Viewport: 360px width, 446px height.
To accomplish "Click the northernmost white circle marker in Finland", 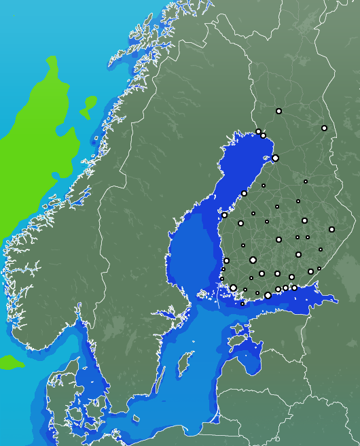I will [278, 111].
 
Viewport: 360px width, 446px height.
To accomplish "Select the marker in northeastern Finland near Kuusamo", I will [324, 128].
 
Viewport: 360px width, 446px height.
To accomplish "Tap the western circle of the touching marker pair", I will [258, 132].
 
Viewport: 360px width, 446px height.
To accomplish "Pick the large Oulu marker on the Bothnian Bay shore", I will [275, 158].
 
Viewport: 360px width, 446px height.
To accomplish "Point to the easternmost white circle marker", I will [331, 229].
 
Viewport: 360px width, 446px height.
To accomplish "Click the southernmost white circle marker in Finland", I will [242, 304].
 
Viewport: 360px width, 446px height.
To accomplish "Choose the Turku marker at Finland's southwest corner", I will [233, 288].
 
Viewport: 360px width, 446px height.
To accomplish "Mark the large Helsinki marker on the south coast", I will [268, 295].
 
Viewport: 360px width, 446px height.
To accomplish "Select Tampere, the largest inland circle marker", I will [253, 260].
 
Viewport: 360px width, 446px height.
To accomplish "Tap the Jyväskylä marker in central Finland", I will [278, 239].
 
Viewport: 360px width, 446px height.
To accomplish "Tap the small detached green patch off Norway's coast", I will [88, 107].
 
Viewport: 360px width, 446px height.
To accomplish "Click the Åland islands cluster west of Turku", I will [206, 294].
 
